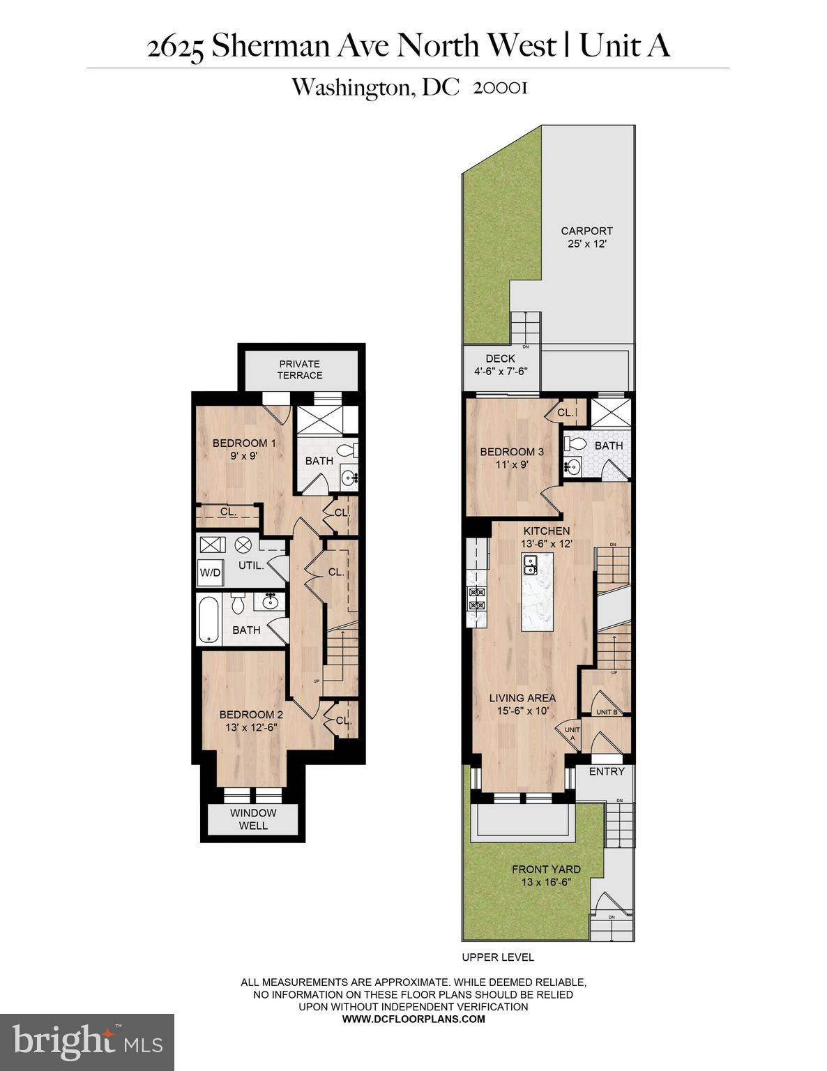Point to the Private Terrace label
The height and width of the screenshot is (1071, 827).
point(300,370)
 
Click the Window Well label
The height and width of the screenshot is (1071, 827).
point(253,819)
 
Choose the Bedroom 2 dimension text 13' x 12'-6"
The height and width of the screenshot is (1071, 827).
point(251,727)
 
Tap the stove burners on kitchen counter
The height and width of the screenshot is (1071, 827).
point(478,599)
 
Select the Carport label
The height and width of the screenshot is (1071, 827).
point(586,231)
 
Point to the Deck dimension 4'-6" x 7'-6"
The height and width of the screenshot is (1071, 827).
point(501,371)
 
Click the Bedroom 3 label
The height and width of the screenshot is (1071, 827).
point(512,451)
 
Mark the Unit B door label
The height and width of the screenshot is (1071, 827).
point(607,712)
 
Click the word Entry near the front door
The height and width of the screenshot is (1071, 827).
point(607,771)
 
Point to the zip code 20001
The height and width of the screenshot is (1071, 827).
point(500,88)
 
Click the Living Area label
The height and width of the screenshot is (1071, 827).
point(522,698)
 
